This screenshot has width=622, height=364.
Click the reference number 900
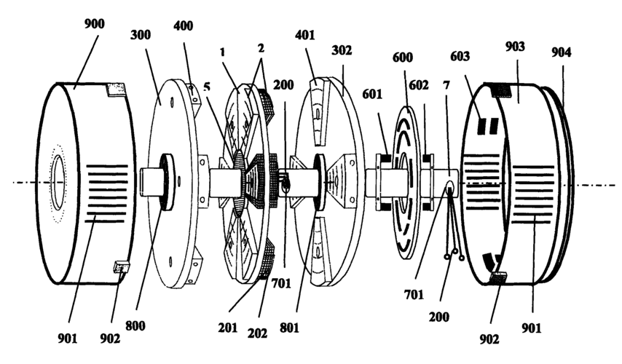(95, 24)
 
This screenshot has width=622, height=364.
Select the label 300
(141, 35)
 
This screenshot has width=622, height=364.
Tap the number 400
(184, 25)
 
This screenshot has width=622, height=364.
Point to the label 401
(304, 35)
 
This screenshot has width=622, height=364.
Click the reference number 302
(342, 50)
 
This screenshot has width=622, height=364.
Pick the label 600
(403, 58)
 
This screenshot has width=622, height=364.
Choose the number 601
(372, 95)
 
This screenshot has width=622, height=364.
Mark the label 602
(419, 85)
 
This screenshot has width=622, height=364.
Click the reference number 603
(460, 56)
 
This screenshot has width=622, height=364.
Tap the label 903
(515, 47)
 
